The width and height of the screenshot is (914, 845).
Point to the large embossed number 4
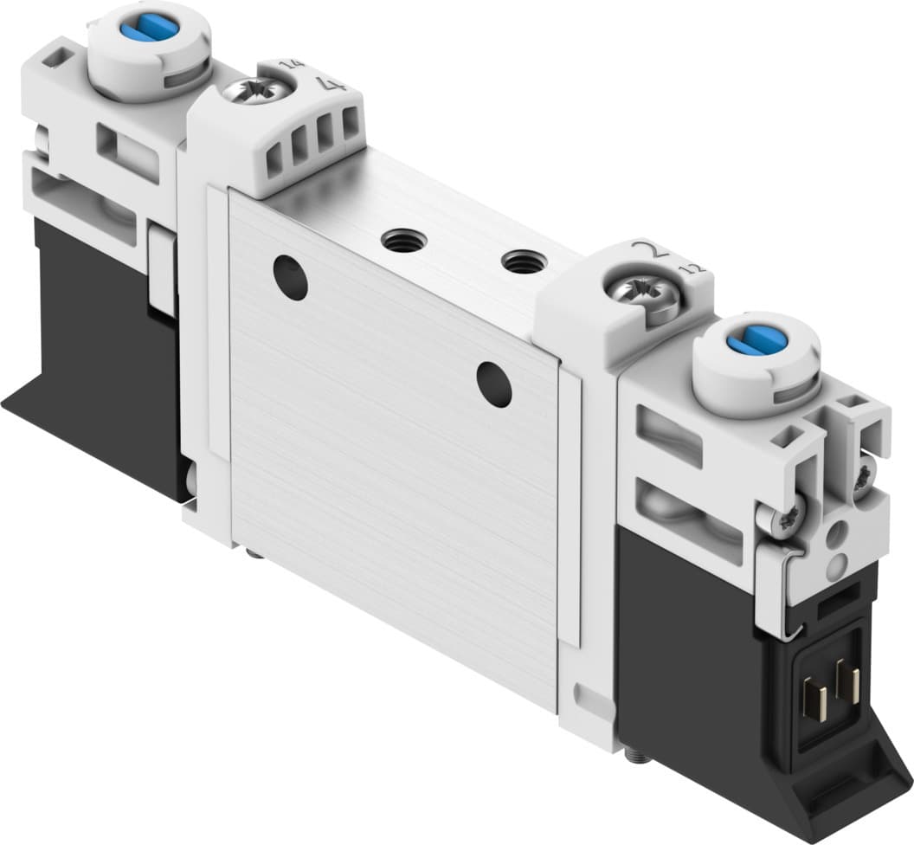(x=327, y=84)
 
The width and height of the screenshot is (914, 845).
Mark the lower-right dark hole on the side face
(x=493, y=384)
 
